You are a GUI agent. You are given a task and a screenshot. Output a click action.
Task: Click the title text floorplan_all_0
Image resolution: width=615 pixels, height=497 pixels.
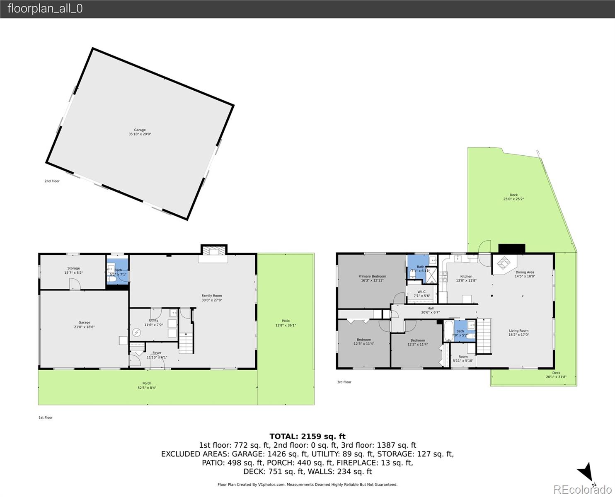[x=45, y=9]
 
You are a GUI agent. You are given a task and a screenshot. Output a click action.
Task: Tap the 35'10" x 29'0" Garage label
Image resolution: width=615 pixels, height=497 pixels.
[x=140, y=132]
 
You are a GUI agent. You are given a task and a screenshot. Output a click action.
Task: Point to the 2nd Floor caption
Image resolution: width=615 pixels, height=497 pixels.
[x=52, y=181]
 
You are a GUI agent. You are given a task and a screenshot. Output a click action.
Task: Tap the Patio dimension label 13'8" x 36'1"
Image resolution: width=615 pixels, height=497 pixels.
[x=286, y=325]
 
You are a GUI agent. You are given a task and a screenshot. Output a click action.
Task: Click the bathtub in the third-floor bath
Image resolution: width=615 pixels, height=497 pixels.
[x=448, y=331]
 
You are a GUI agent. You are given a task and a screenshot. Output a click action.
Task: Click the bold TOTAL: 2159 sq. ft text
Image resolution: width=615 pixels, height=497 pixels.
[x=307, y=436]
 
